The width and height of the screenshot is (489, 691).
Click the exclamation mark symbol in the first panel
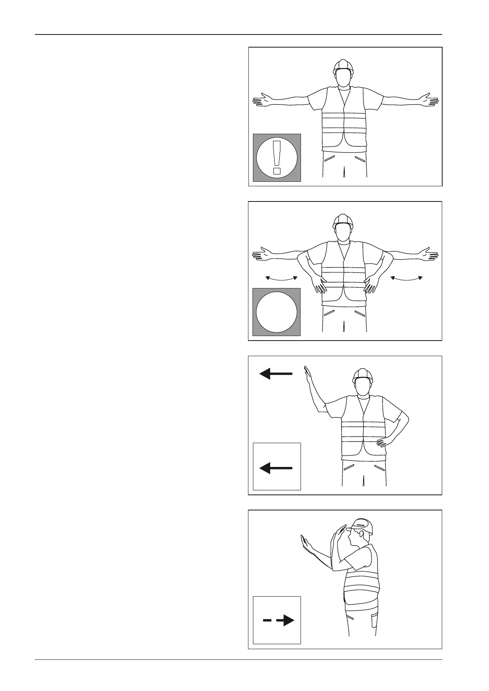click(x=277, y=158)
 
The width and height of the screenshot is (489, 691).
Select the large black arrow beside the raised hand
click(x=276, y=374)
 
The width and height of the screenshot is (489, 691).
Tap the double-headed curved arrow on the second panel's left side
click(x=281, y=278)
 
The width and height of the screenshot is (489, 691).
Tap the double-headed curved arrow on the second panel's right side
click(x=406, y=278)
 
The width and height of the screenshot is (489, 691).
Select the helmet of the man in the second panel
click(x=343, y=220)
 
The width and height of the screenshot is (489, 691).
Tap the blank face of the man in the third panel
click(x=363, y=387)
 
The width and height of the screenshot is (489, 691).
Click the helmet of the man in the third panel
click(x=363, y=374)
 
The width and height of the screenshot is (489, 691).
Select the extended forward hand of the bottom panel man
click(x=305, y=543)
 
